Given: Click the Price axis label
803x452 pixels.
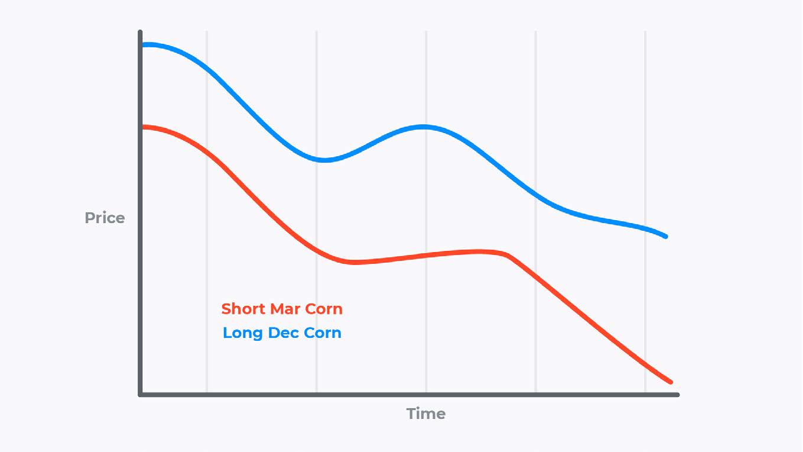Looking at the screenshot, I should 105,218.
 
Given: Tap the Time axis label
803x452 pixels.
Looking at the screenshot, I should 425,414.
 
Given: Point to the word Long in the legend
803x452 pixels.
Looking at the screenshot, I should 243,333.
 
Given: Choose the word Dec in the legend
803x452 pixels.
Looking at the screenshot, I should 284,333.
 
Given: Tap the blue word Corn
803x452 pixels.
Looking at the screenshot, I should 323,333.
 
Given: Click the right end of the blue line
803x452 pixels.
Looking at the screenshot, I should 667,237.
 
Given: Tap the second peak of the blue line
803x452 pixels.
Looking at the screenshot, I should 423,126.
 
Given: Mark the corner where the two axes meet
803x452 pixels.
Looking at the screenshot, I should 141,394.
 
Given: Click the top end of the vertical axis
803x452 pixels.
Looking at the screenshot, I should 141,32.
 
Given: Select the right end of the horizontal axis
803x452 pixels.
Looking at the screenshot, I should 677,395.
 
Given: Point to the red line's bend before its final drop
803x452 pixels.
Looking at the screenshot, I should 505,254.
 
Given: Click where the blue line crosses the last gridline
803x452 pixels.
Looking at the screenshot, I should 645,228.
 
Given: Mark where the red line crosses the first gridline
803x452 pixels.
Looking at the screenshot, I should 207,151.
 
